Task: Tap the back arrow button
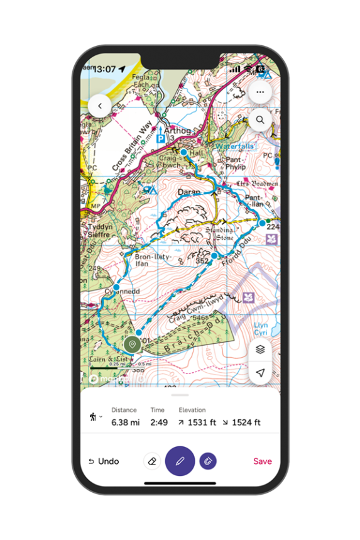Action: [x=99, y=106]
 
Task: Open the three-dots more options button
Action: [x=259, y=92]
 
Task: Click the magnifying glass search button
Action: [x=259, y=119]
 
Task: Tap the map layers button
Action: [x=259, y=349]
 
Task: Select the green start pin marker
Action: [x=132, y=344]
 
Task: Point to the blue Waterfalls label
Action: [x=235, y=146]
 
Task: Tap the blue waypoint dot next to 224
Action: [x=263, y=223]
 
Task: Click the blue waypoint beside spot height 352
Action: [x=214, y=256]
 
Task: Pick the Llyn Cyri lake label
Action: [x=261, y=328]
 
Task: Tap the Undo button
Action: [x=104, y=461]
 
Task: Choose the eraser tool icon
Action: [x=152, y=461]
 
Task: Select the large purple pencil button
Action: [x=180, y=461]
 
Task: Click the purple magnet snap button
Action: [x=208, y=461]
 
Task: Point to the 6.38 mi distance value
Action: [x=125, y=422]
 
